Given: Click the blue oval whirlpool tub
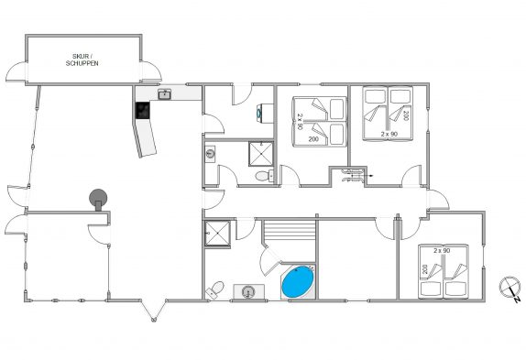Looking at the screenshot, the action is pos(298,281).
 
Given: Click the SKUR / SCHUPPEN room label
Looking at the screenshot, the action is pos(82,60).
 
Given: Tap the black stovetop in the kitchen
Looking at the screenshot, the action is pos(142,110).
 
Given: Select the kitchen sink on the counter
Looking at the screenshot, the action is pos(164,94).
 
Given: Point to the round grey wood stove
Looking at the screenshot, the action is pos(98,199).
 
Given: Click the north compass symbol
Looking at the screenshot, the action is pos(510,289).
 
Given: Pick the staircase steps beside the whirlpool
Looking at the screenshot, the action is pos(290,230).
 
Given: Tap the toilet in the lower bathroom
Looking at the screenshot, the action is pos(215,289).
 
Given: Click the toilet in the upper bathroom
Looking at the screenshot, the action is pos(264,176).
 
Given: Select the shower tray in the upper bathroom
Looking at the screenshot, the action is pos(261,154).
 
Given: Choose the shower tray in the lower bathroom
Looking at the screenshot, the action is pos(218,233).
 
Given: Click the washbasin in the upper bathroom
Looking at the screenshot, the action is pos(210,154).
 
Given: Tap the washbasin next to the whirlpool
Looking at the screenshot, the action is pos(248,291).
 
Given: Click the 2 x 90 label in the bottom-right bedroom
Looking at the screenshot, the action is pos(442,250).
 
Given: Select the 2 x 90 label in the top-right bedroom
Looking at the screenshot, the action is pos(389,134).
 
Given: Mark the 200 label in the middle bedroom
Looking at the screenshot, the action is pos(313,139).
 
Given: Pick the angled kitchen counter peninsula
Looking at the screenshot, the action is pos(145,137).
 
